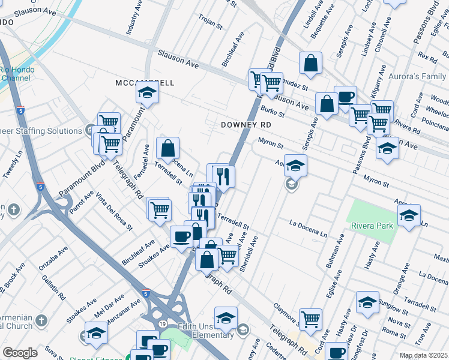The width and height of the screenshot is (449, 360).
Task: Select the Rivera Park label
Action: pos(372,226)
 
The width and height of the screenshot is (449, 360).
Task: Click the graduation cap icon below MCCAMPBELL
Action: pos(146,93)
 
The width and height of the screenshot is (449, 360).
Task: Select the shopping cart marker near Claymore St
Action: pos(310,319)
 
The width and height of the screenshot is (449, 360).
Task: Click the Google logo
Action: pos(20,353)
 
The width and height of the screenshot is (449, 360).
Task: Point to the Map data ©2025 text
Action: pos(423,355)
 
